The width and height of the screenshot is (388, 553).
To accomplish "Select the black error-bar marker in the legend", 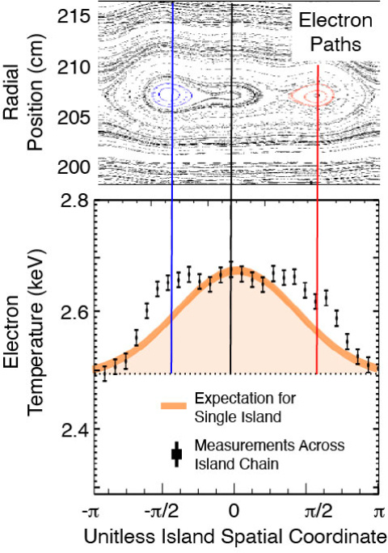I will pyautogui.click(x=175, y=454).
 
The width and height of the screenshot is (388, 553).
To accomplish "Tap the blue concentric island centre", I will pyautogui.click(x=171, y=95).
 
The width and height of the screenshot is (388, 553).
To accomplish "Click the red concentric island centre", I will pyautogui.click(x=317, y=95).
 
